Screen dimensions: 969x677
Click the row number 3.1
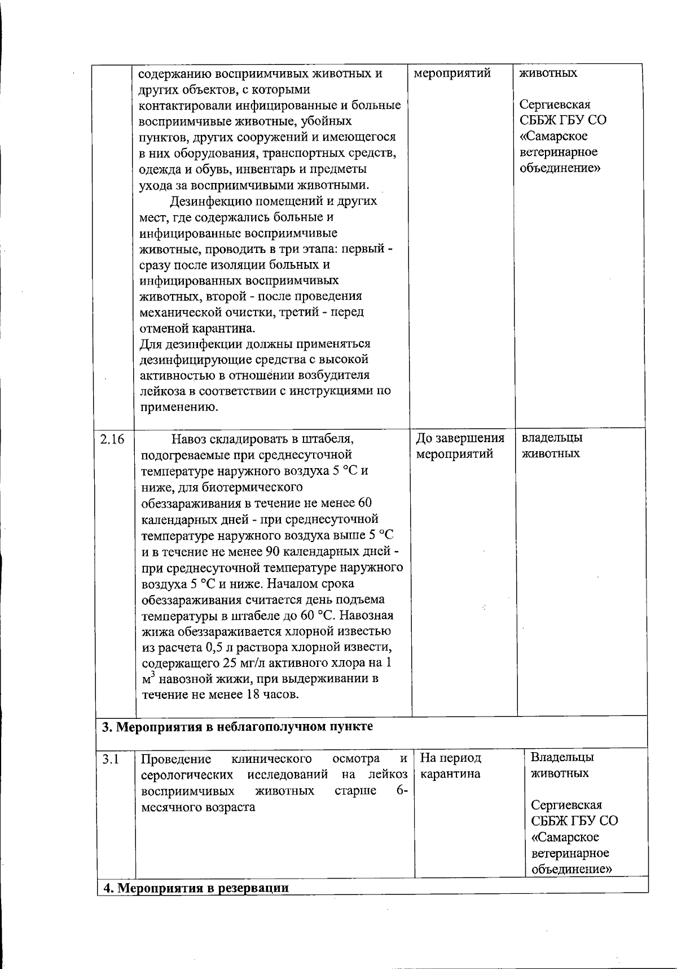click(111, 759)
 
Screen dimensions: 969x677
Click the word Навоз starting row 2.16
click(190, 439)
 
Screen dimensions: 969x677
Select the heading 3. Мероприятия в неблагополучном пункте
click(237, 726)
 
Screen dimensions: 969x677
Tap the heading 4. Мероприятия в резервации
click(195, 888)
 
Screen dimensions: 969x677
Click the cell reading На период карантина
click(451, 766)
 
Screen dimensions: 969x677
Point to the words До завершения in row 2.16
click(460, 438)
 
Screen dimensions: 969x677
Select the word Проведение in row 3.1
click(175, 758)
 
